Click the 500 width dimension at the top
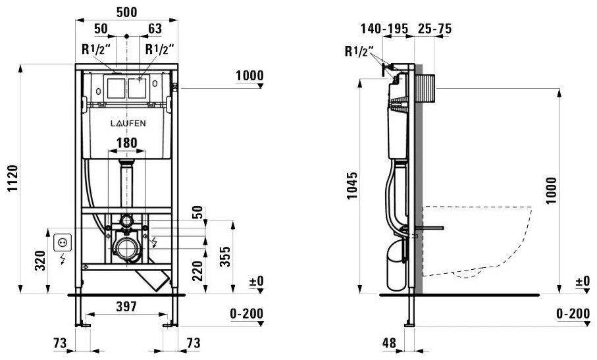coord(126,13)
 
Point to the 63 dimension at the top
coord(155,29)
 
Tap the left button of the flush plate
coord(115,88)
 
